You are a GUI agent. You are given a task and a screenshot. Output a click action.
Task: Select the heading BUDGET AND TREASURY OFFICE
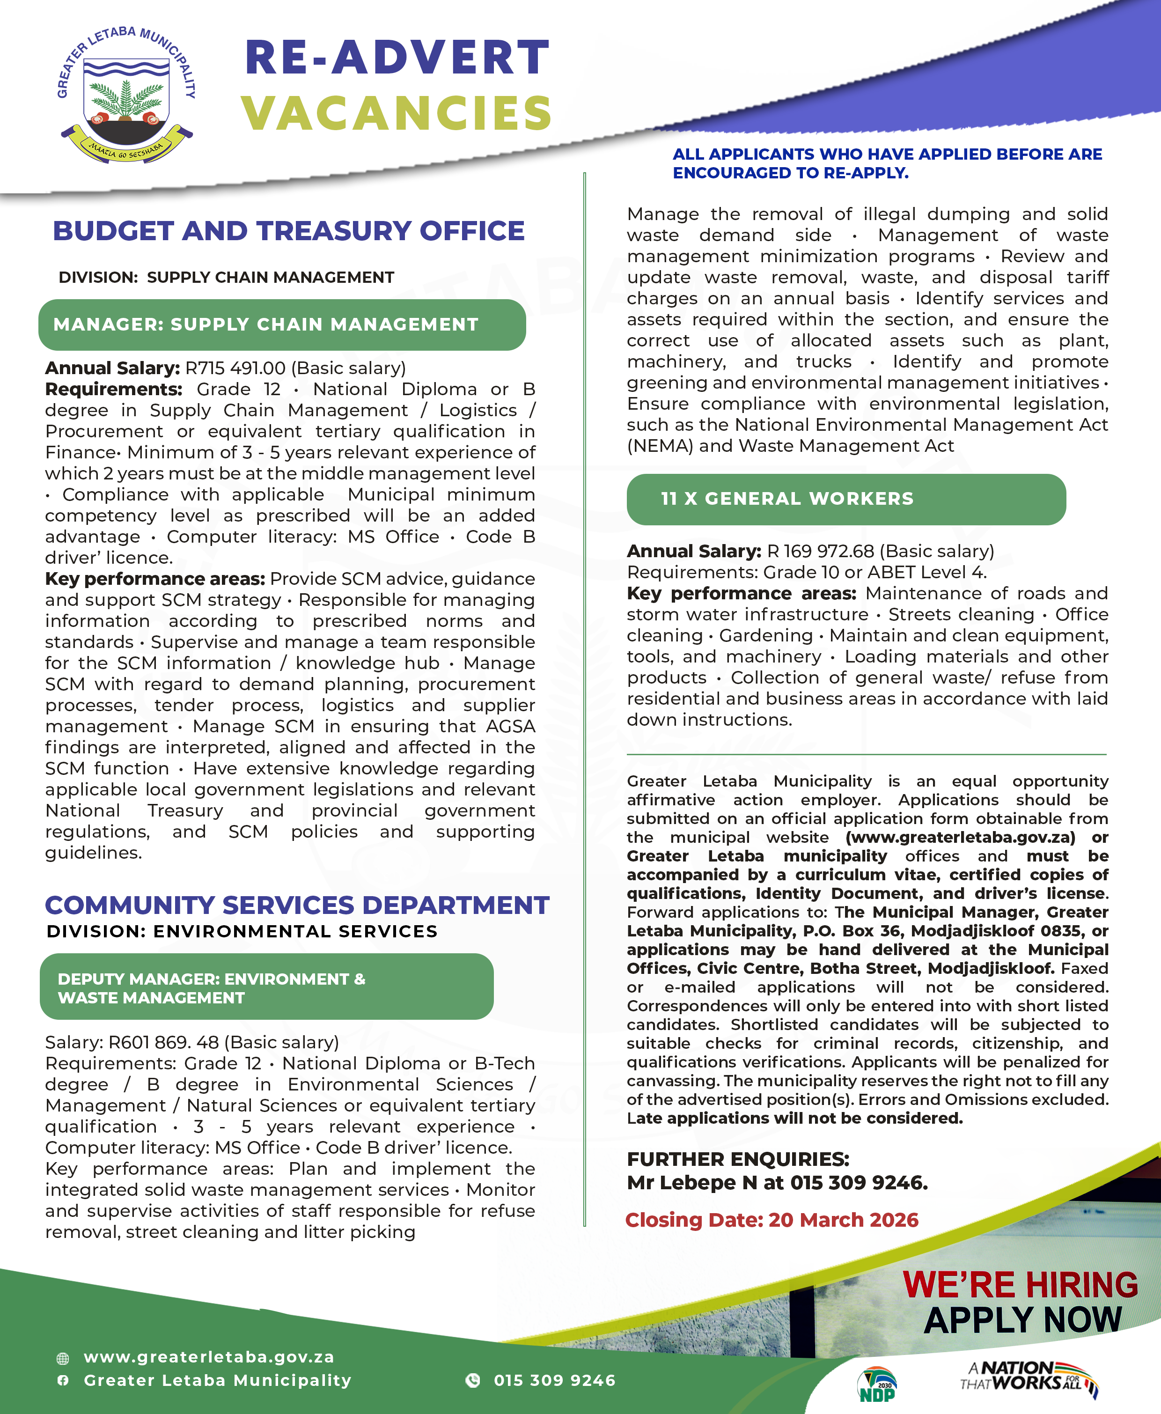point(288,231)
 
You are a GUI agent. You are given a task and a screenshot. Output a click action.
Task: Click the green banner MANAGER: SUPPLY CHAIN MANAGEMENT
point(281,325)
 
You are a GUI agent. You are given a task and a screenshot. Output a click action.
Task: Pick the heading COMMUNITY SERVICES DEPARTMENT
point(297,905)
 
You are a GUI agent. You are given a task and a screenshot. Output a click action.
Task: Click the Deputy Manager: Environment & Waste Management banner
point(266,988)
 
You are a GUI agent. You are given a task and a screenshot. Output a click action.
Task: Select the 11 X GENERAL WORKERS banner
point(845,499)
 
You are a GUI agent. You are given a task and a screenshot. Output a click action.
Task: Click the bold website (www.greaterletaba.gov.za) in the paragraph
point(960,838)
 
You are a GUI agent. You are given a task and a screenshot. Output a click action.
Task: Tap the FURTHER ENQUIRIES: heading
point(738,1159)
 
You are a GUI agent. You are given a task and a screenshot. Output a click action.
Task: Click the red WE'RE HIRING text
point(1020,1285)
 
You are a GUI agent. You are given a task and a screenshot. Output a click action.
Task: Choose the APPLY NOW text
point(1022,1320)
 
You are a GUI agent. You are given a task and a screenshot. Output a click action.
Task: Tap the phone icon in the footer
point(473,1380)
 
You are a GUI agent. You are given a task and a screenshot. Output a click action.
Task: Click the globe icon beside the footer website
point(63,1358)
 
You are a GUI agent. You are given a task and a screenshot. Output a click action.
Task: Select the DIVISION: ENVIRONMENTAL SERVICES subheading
point(242,931)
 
